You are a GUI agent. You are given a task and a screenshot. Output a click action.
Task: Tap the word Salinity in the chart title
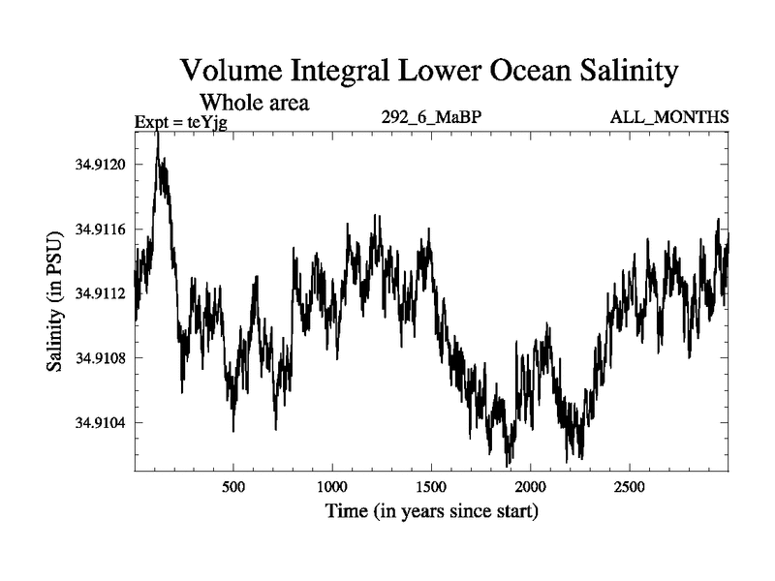(x=621, y=71)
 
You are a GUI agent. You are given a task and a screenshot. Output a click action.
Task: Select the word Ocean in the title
(x=511, y=71)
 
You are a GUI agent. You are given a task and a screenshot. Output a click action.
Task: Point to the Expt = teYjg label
(x=180, y=122)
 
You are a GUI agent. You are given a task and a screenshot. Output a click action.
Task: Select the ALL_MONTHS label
(x=669, y=118)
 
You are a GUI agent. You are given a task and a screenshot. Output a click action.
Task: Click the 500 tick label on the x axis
(x=233, y=485)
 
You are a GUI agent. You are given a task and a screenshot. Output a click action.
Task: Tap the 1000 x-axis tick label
(x=332, y=485)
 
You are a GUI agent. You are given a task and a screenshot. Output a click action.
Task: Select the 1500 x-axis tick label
(x=432, y=485)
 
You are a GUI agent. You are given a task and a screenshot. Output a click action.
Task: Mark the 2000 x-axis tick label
(x=531, y=485)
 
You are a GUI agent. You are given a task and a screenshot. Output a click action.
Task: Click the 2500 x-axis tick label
(x=630, y=485)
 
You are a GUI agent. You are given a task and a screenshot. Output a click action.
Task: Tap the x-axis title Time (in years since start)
(x=431, y=510)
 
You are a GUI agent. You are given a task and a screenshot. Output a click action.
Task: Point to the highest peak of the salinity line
(x=157, y=130)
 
